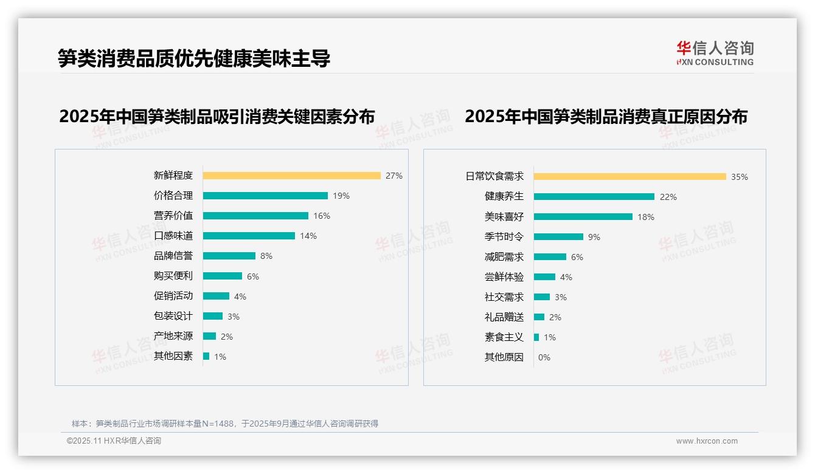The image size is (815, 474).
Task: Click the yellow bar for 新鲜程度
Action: pyautogui.click(x=291, y=176)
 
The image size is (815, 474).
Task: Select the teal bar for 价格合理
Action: pyautogui.click(x=265, y=196)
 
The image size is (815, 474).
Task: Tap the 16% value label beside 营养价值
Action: pyautogui.click(x=322, y=216)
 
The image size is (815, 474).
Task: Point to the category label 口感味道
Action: pyautogui.click(x=173, y=236)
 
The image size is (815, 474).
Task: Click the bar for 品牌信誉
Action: pyautogui.click(x=229, y=256)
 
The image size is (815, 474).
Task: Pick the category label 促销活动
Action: pyautogui.click(x=173, y=296)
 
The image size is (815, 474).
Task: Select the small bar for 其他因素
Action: pyautogui.click(x=206, y=356)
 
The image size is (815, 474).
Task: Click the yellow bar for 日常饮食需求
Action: pyautogui.click(x=629, y=176)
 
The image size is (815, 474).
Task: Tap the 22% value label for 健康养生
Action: pyautogui.click(x=668, y=197)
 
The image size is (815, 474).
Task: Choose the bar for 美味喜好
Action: pyautogui.click(x=583, y=216)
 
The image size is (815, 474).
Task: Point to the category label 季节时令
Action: pyautogui.click(x=504, y=237)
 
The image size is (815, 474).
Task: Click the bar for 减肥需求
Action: pyautogui.click(x=550, y=257)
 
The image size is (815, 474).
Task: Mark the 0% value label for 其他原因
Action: pyautogui.click(x=544, y=357)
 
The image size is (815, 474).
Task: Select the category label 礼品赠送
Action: pyautogui.click(x=504, y=317)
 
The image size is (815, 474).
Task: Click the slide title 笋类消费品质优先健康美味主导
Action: pyautogui.click(x=194, y=58)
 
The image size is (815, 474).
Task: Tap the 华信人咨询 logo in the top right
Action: pyautogui.click(x=715, y=53)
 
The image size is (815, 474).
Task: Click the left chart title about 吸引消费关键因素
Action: pyautogui.click(x=217, y=116)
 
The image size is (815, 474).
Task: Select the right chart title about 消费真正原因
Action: pyautogui.click(x=606, y=116)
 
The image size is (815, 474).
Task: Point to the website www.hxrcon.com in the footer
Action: pyautogui.click(x=707, y=441)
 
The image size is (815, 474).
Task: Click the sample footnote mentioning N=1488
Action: pyautogui.click(x=225, y=424)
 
